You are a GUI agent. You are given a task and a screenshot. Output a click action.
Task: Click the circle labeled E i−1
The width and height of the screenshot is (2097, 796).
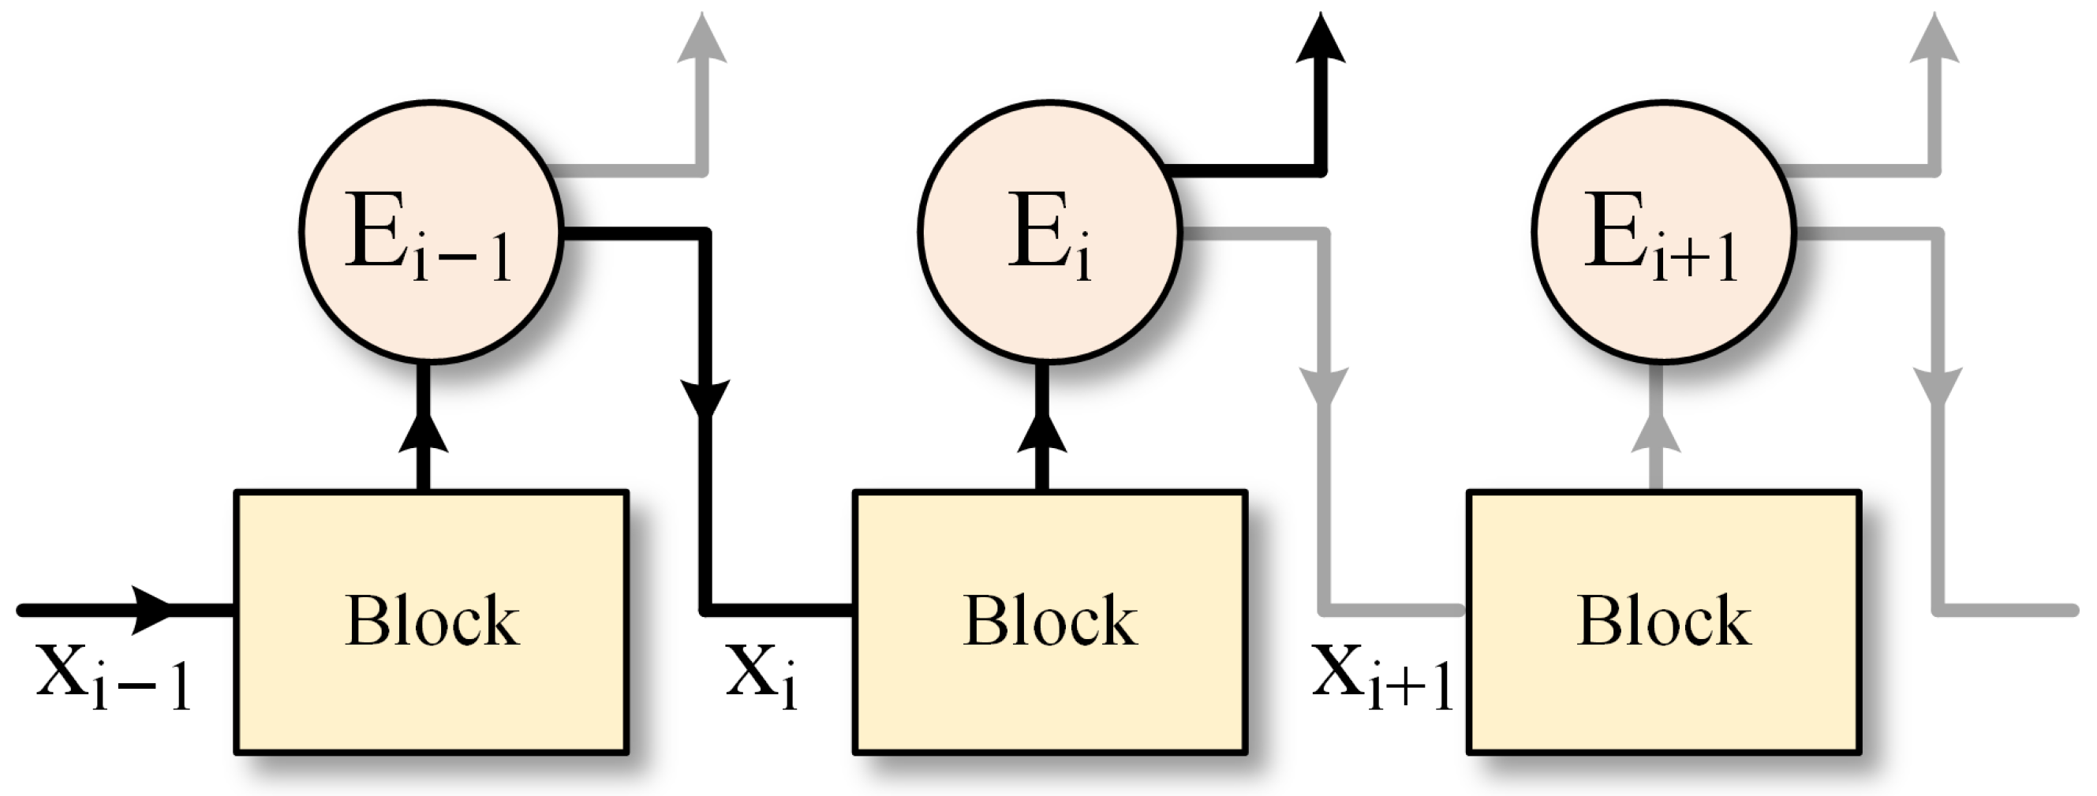[431, 232]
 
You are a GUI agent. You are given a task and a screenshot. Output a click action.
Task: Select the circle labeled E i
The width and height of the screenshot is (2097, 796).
[1048, 232]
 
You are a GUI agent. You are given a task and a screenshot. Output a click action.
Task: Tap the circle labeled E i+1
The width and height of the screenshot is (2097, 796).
[1663, 232]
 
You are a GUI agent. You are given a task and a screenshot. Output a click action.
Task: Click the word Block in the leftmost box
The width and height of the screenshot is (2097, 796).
[432, 621]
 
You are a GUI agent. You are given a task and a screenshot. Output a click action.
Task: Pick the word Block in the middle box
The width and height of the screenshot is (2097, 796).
[1050, 621]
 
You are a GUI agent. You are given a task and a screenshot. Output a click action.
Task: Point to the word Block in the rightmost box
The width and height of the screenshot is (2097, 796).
[1664, 621]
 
